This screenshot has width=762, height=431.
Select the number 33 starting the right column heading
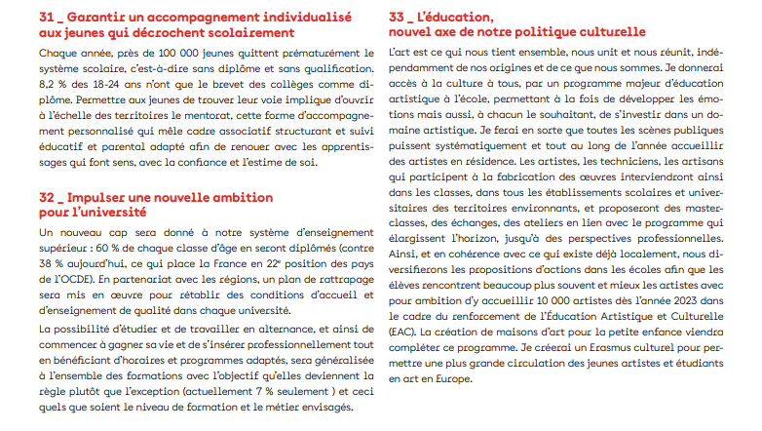coord(398,18)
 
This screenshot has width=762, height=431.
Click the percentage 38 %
coord(53,264)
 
